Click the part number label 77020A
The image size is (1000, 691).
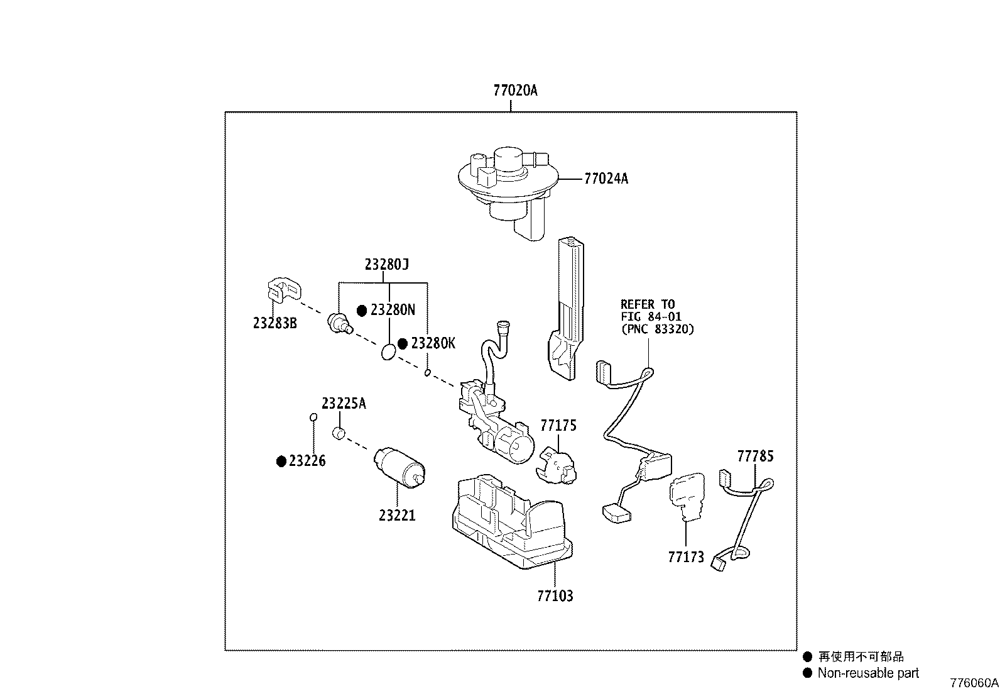[514, 91]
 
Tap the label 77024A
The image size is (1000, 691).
[606, 179]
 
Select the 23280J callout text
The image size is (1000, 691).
[386, 265]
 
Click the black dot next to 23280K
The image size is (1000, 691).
[403, 344]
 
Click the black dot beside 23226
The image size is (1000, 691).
[281, 462]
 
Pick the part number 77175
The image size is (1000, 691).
[558, 426]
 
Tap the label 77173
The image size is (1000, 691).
[686, 557]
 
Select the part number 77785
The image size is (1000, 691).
[755, 456]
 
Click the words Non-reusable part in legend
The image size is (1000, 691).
[867, 673]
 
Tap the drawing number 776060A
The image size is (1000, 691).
[973, 683]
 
